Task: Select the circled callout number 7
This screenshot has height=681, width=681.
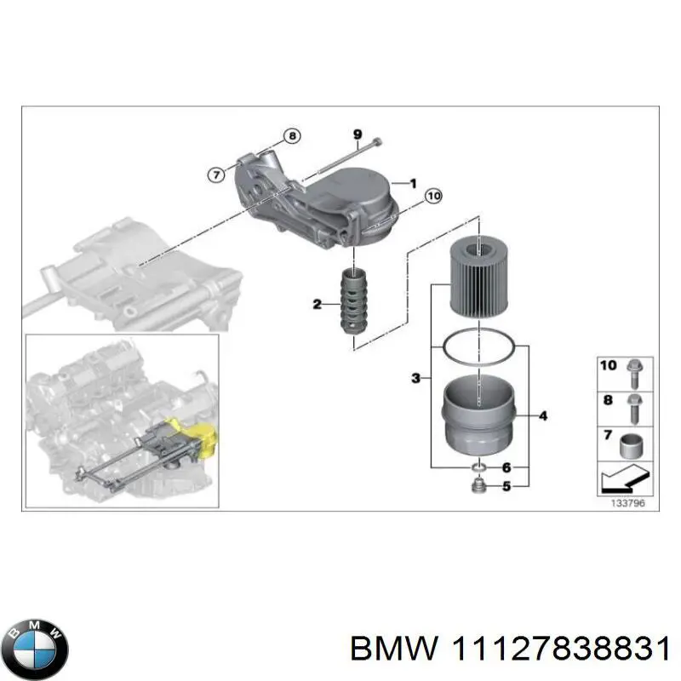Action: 217,174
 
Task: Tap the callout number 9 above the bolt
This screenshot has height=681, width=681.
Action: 358,134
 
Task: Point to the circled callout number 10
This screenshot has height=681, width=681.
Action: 432,197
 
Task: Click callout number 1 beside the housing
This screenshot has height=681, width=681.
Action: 412,182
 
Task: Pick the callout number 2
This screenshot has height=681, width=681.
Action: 317,304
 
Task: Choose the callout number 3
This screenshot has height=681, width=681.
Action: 415,377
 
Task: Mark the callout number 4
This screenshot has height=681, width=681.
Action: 542,416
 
